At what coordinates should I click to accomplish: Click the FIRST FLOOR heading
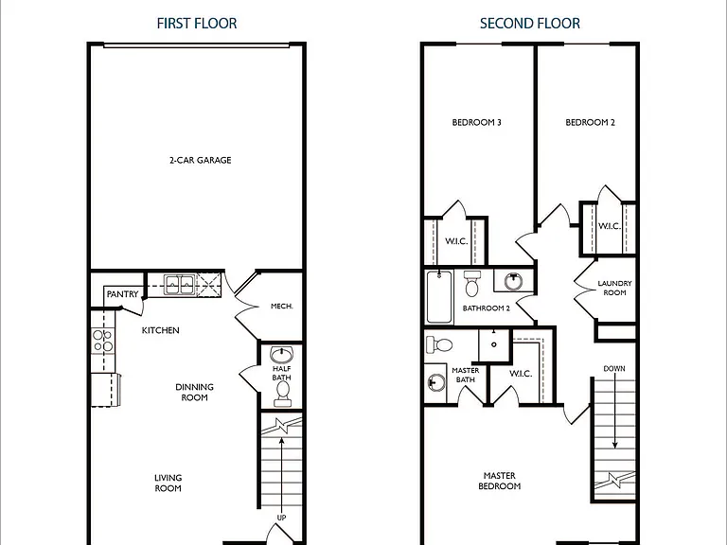[197, 23]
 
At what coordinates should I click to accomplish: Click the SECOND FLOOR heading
[529, 23]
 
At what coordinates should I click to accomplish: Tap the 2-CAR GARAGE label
[201, 160]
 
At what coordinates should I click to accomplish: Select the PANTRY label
[122, 294]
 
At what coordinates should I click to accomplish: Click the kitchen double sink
[180, 284]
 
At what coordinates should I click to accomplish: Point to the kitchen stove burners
[102, 341]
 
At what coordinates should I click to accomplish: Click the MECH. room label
[282, 307]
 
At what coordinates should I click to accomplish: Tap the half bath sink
[281, 355]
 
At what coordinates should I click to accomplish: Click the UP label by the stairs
[281, 518]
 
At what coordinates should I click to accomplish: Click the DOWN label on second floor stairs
[614, 369]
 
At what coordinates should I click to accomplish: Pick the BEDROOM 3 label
[477, 122]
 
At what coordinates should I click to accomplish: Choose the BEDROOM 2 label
[591, 122]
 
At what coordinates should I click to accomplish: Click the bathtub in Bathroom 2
[439, 296]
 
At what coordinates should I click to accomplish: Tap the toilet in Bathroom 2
[472, 284]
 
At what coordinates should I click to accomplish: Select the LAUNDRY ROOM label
[614, 288]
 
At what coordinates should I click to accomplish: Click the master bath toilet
[438, 344]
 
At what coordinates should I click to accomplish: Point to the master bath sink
[435, 383]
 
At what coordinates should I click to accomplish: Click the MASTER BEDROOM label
[500, 481]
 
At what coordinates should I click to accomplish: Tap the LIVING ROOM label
[168, 483]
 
